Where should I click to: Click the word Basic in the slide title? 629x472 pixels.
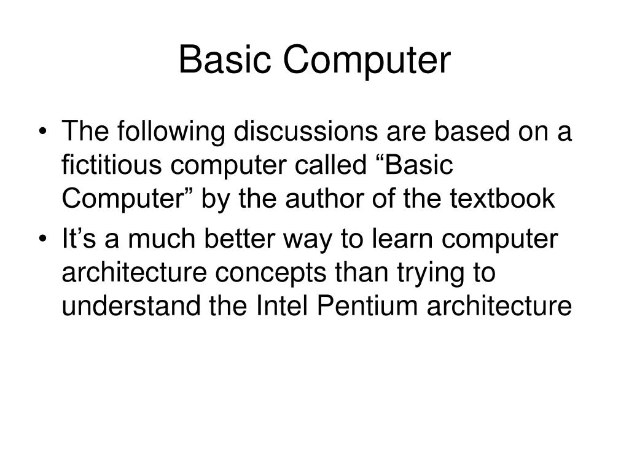223,61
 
